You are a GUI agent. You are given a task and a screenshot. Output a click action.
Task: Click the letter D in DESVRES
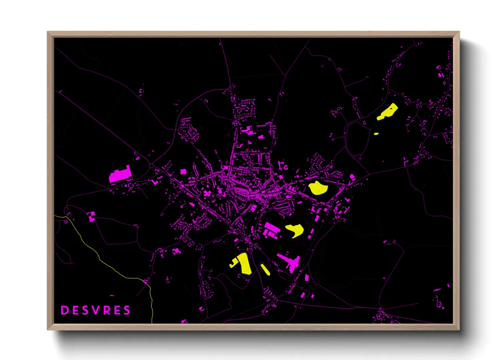pyautogui.click(x=64, y=310)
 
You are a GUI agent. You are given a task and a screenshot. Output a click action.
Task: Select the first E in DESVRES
pyautogui.click(x=75, y=310)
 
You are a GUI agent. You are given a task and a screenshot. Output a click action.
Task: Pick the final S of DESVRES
pyautogui.click(x=127, y=310)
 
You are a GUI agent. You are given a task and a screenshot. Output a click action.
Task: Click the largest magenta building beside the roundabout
pyautogui.click(x=120, y=175)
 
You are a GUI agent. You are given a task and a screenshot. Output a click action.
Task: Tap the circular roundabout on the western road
pyautogui.click(x=151, y=166)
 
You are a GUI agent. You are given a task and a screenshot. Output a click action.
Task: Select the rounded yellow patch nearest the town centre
pyautogui.click(x=317, y=188)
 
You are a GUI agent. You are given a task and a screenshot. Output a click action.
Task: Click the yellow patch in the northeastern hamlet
pyautogui.click(x=388, y=112)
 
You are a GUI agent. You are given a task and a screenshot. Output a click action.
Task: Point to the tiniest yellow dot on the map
pyautogui.click(x=376, y=134)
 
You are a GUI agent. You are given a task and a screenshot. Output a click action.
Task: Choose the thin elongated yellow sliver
pyautogui.click(x=265, y=269)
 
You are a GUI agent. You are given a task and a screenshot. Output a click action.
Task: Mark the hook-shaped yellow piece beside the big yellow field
pyautogui.click(x=234, y=263)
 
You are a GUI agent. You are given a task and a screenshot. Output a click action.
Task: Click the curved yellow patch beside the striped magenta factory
pyautogui.click(x=295, y=230)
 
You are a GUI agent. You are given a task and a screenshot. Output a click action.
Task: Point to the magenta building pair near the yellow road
pyautogui.click(x=92, y=216)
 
